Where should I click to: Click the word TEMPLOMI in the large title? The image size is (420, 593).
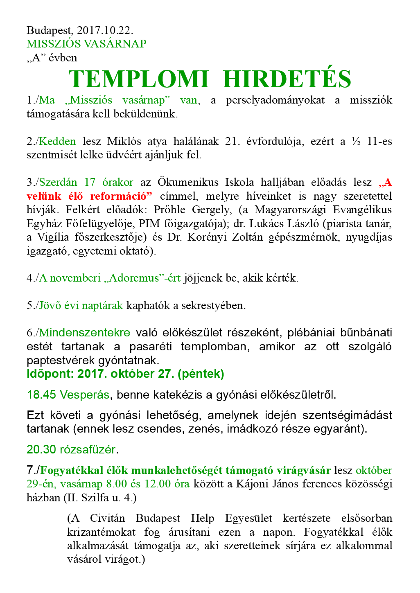click(138, 79)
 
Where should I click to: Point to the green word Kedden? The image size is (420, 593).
click(57, 142)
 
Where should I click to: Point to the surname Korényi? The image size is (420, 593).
click(205, 237)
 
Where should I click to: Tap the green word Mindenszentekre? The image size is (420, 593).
click(84, 333)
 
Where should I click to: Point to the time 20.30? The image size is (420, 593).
click(41, 450)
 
